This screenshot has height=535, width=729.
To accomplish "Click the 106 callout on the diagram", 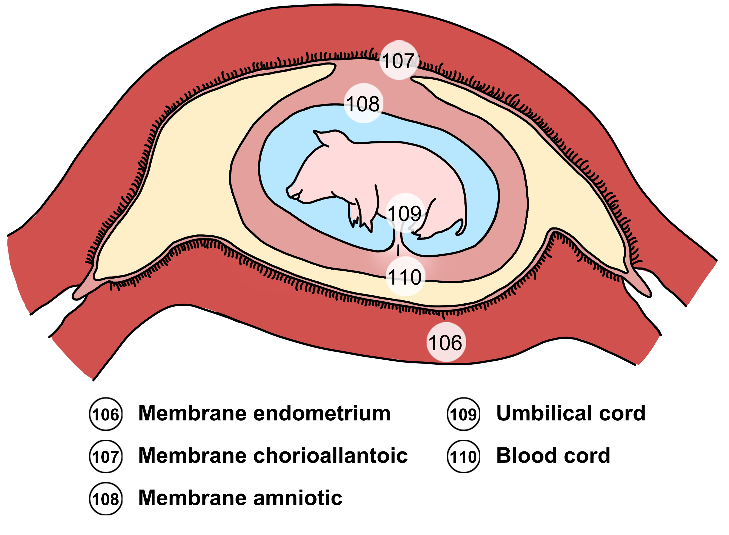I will pyautogui.click(x=446, y=343).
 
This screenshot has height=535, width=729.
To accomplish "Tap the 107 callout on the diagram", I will pyautogui.click(x=399, y=61).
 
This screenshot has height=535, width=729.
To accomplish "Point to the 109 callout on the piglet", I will pyautogui.click(x=405, y=214).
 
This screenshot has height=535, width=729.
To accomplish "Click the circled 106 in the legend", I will pyautogui.click(x=106, y=414).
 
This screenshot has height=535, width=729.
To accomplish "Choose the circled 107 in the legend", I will pyautogui.click(x=106, y=457).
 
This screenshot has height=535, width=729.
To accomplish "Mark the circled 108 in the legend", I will pyautogui.click(x=106, y=499).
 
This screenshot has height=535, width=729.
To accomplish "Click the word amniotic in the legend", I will pyautogui.click(x=298, y=498).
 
